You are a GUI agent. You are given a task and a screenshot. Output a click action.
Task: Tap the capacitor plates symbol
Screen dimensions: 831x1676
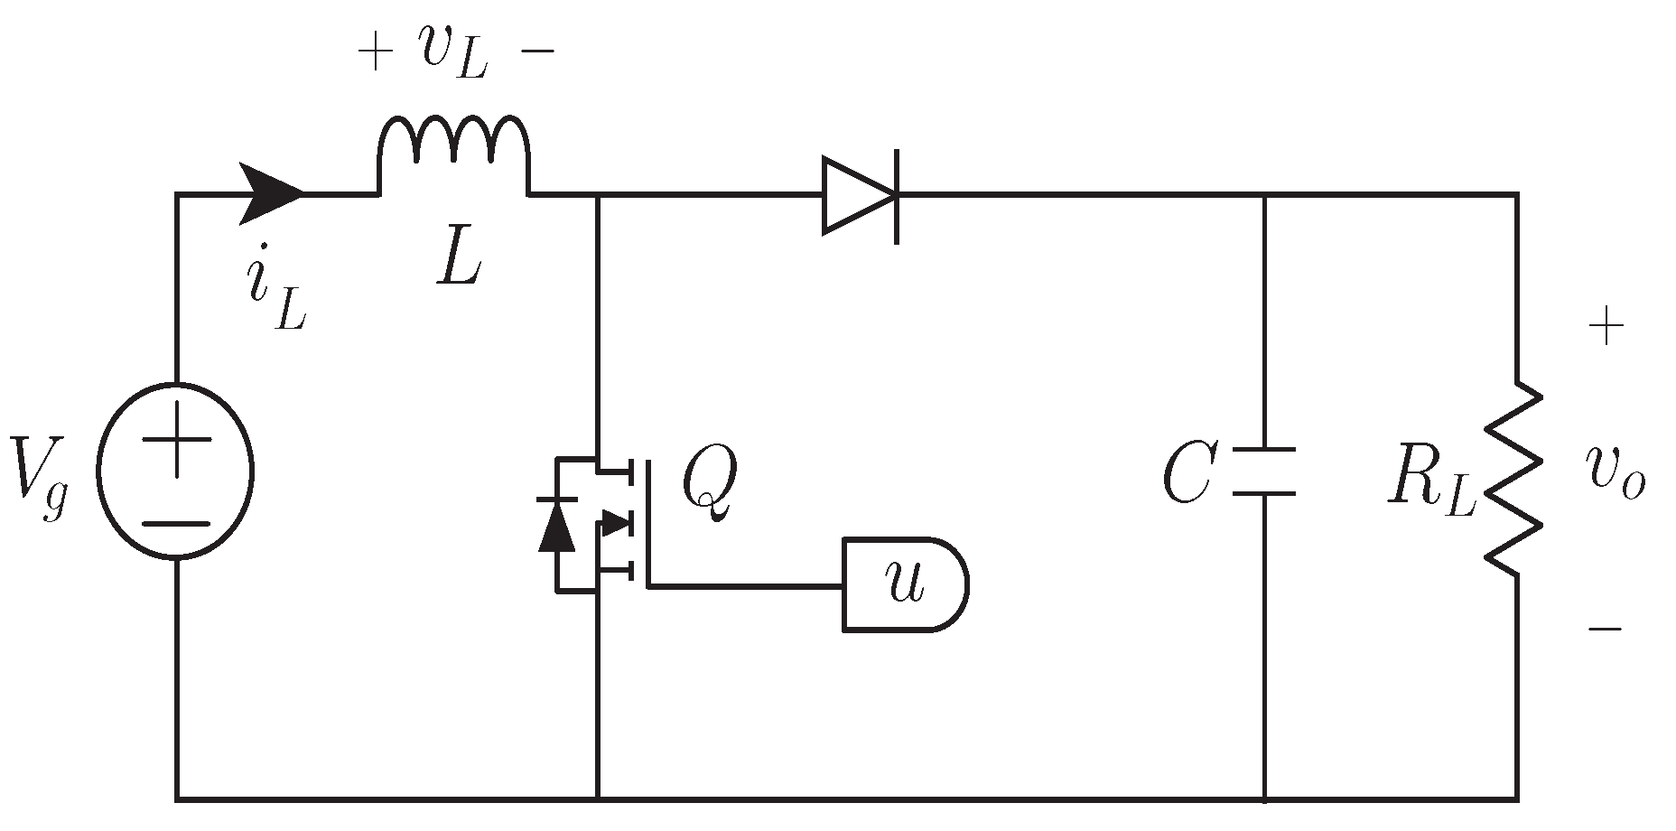click(x=1263, y=471)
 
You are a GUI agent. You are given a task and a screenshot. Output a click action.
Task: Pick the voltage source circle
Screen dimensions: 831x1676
click(x=176, y=471)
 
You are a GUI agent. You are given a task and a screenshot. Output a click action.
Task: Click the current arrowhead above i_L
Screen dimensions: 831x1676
click(x=271, y=193)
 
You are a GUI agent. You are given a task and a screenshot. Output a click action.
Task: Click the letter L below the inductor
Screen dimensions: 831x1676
click(x=459, y=263)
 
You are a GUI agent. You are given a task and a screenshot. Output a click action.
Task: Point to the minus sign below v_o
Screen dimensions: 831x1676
click(x=1606, y=628)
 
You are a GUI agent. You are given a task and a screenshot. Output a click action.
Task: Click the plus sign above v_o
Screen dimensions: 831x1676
click(x=1606, y=328)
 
